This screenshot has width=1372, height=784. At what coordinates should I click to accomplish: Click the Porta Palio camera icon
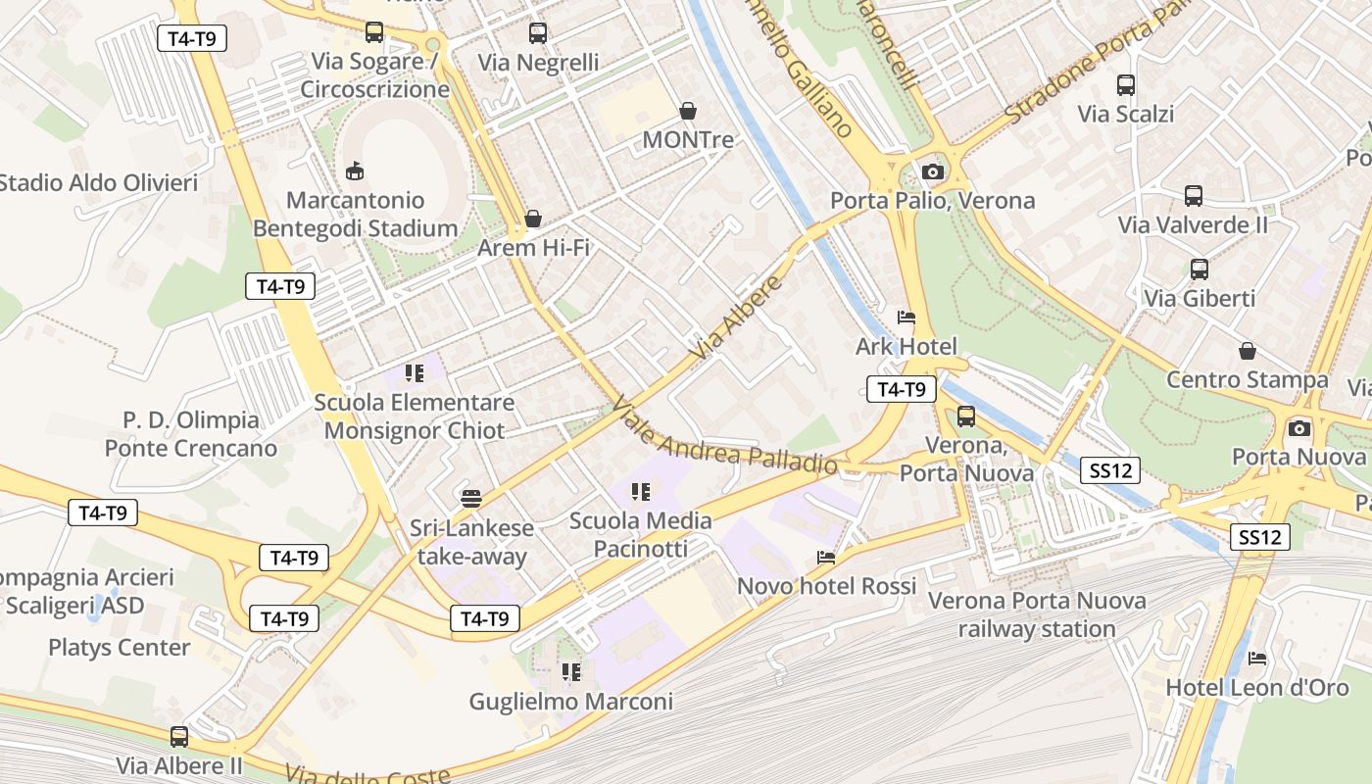932,172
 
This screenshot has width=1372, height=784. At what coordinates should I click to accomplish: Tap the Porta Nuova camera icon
1299,428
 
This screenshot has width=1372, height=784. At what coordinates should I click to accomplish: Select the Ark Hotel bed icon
906,318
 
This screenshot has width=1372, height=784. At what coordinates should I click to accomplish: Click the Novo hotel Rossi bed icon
826,558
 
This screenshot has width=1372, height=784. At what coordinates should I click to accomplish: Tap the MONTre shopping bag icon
688,112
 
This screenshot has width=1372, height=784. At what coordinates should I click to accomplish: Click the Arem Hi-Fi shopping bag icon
533,218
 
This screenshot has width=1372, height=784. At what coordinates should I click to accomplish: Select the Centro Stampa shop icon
1248,351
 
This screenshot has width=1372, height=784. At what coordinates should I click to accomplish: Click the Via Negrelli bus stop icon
538,33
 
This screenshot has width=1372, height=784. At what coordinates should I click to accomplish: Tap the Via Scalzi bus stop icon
1126,85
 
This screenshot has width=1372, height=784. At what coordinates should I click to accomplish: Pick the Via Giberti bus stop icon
1200,269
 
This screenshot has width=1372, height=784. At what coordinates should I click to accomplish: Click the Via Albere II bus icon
179,736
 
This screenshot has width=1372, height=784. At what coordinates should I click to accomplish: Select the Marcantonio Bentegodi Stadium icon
355,171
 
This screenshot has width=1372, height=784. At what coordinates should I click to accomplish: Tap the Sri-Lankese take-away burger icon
471,498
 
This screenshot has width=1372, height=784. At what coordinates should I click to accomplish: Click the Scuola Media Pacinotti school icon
641,492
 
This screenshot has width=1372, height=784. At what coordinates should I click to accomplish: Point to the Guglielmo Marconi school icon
570,672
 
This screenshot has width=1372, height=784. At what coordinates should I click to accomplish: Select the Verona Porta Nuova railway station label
1036,614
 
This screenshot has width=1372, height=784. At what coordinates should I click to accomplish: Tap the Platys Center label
120,648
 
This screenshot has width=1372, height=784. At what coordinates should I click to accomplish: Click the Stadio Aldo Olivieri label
98,183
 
